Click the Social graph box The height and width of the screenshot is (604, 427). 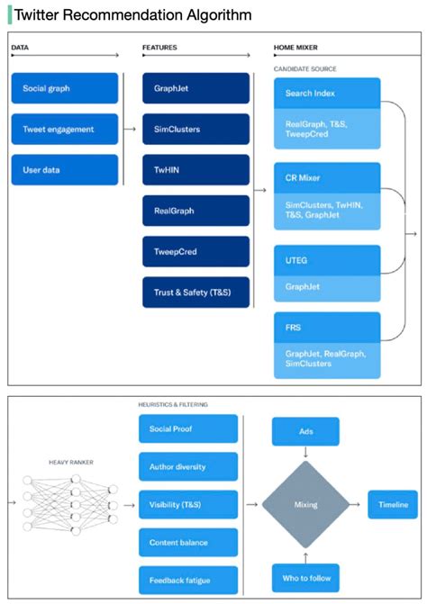(x=64, y=88)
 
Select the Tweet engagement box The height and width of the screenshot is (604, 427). (x=64, y=129)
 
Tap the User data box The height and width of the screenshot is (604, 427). (x=64, y=169)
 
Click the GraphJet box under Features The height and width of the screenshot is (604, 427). (x=195, y=88)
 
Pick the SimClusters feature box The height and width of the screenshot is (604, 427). (x=195, y=129)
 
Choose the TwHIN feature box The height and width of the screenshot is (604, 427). (x=195, y=169)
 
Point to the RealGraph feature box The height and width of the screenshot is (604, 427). (x=195, y=210)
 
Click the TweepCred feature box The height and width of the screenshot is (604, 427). (x=195, y=251)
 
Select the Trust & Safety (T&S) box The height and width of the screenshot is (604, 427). (x=195, y=292)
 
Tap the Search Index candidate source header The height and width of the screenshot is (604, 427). (x=329, y=93)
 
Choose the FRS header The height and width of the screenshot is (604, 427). (x=329, y=327)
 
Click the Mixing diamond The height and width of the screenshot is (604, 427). (x=305, y=505)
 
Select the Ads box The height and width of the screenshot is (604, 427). (x=305, y=431)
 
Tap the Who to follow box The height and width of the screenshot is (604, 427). (x=305, y=576)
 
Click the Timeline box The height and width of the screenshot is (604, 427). (x=392, y=504)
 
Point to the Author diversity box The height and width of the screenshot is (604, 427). (x=188, y=465)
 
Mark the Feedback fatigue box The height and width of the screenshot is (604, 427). (x=188, y=580)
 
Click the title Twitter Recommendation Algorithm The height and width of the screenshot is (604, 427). (x=132, y=15)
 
